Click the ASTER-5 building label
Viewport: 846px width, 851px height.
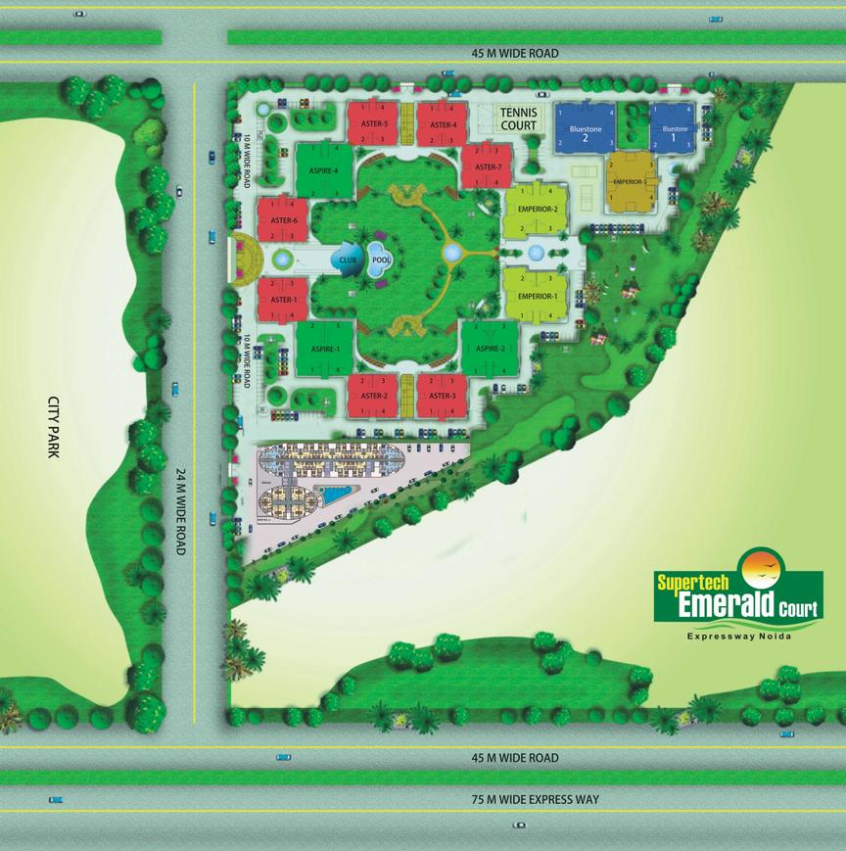coord(373,124)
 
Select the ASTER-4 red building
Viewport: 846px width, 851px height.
coord(442,124)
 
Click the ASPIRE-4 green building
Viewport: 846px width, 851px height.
coord(324,170)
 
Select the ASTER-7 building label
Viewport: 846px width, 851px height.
coord(488,167)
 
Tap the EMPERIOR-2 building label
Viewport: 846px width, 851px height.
coord(538,209)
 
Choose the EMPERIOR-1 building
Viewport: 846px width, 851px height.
coord(538,296)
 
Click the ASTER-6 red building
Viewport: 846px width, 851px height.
coord(283,221)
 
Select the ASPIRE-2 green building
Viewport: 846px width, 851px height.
coord(489,349)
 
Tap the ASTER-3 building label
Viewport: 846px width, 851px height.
coord(442,395)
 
